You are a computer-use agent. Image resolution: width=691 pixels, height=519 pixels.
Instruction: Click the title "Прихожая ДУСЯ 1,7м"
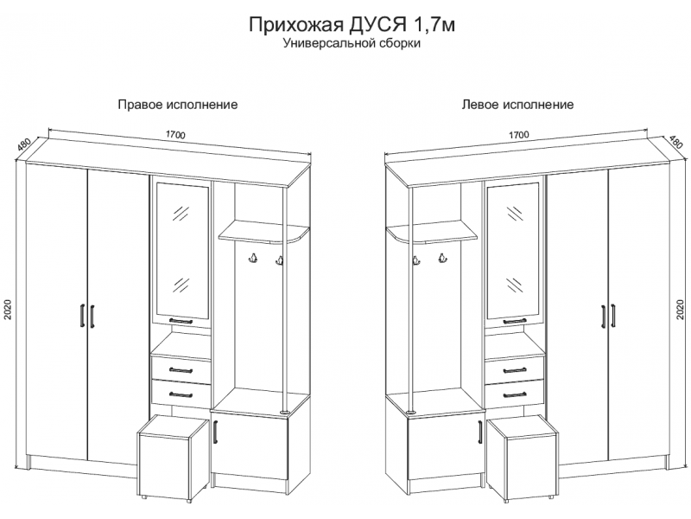coord(351,26)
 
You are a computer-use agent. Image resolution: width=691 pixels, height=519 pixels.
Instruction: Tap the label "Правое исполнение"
coord(177,105)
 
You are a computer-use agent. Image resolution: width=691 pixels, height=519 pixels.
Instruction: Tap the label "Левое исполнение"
coord(518,105)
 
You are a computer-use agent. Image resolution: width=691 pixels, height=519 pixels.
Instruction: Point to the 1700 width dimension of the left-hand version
coord(518,135)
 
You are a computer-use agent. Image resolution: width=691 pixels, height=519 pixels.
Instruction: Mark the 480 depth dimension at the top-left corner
coord(23,146)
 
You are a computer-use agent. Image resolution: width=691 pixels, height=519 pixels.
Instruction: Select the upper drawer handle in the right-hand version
coord(181,369)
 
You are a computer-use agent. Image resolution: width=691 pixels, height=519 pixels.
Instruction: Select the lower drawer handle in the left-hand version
coord(514,394)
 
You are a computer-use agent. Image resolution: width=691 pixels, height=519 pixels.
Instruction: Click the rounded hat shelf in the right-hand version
coord(263,231)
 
